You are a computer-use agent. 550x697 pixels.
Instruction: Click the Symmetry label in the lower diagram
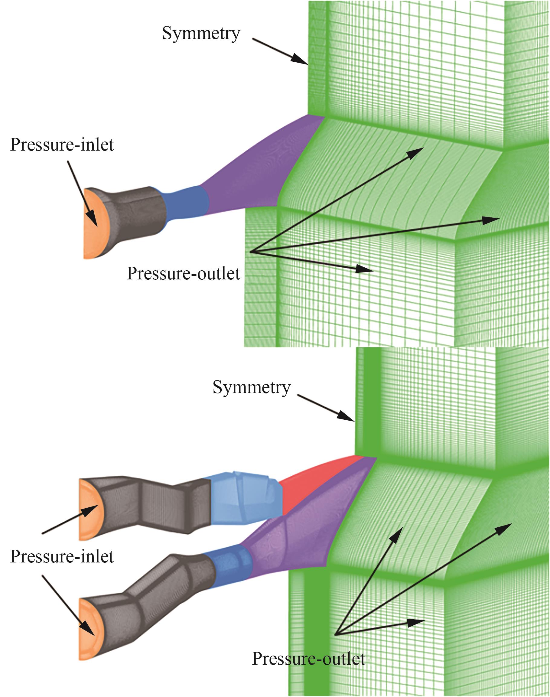pos(252,387)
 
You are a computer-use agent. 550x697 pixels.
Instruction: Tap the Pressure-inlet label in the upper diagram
pos(62,145)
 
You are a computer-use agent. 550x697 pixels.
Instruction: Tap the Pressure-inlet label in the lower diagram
pos(62,557)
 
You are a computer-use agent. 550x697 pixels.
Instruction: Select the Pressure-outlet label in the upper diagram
pos(184,274)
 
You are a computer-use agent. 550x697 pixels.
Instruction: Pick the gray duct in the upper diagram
pos(135,213)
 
